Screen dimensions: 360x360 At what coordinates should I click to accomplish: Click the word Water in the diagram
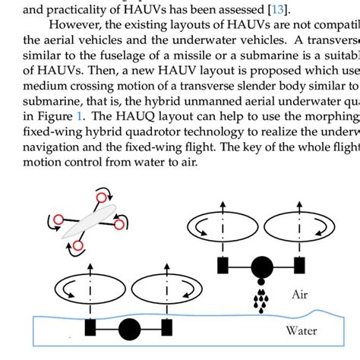pyautogui.click(x=302, y=330)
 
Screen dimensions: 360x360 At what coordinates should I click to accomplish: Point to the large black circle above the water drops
pyautogui.click(x=261, y=267)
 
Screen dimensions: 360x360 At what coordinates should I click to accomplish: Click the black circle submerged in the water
pyautogui.click(x=130, y=329)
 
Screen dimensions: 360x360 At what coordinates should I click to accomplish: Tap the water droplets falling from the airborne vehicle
pyautogui.click(x=261, y=298)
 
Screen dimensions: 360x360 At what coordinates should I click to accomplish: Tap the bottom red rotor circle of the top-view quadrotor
pyautogui.click(x=77, y=246)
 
